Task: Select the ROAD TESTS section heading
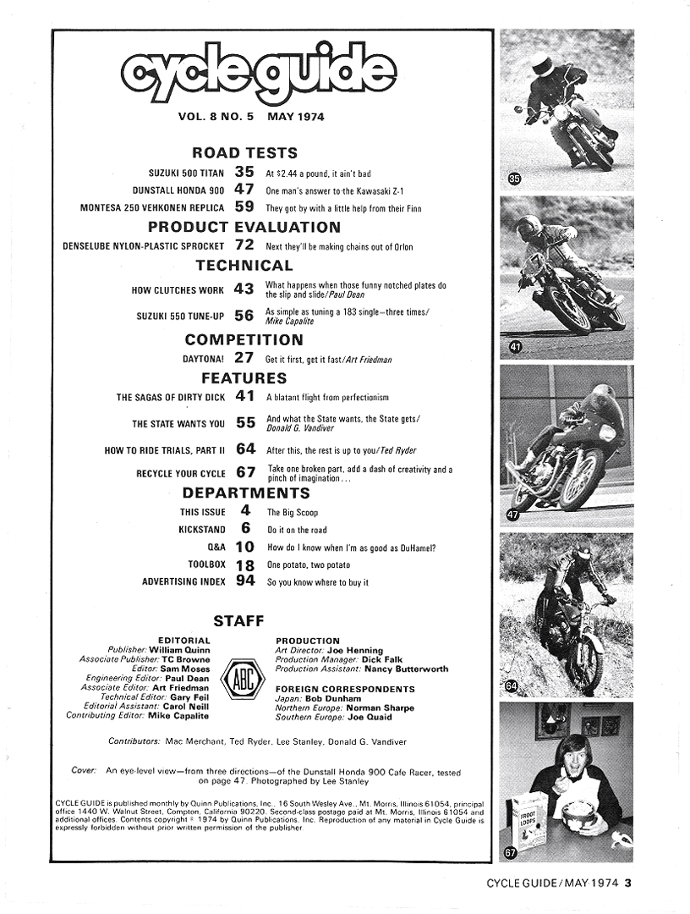245,153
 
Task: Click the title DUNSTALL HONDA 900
178,190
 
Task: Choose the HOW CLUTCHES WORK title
178,290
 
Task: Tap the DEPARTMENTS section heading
245,493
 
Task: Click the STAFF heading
245,621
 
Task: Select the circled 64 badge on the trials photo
512,685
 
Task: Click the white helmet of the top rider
542,62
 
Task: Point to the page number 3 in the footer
628,884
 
